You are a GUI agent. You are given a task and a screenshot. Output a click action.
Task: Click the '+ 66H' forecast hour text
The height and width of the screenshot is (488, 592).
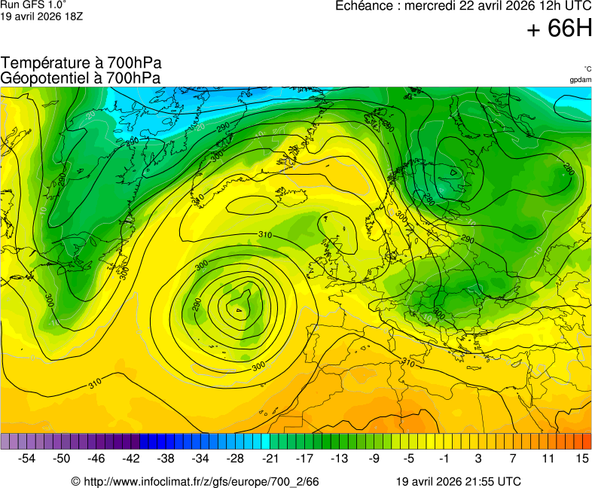pos(559,29)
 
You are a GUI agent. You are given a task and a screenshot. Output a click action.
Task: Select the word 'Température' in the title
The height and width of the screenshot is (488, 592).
pos(45,63)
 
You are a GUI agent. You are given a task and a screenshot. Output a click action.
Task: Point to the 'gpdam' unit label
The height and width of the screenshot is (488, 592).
pos(580,80)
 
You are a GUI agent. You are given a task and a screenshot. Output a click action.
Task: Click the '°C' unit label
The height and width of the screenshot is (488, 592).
pos(587,69)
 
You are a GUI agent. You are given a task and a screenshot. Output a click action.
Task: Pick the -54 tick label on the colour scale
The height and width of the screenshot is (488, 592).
pos(27,458)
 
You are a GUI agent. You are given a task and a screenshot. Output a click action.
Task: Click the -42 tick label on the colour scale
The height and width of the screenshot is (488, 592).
pos(131,458)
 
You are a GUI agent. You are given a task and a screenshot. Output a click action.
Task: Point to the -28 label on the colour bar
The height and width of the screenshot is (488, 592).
pos(235,458)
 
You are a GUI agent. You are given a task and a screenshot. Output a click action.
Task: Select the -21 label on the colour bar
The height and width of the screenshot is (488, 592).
pos(270,458)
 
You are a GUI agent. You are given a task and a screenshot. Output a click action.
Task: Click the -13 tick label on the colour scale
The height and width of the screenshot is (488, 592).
pos(339,458)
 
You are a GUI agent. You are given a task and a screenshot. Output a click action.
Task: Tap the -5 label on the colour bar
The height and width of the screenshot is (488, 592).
pos(408,458)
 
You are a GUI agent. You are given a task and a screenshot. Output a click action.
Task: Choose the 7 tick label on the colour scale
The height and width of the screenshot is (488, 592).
pos(512,458)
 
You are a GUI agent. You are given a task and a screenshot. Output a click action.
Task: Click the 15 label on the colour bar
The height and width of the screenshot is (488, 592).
pos(581,458)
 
